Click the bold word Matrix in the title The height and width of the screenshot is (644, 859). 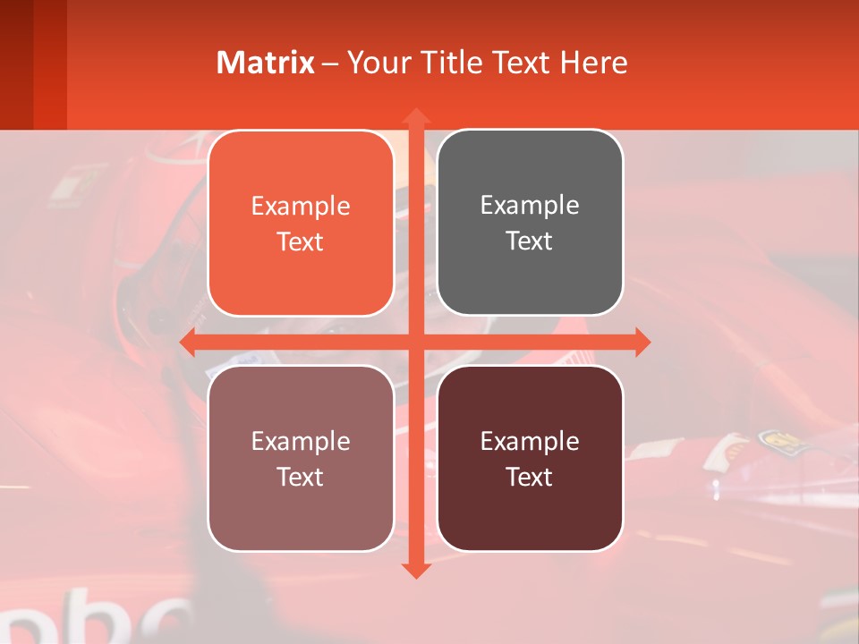point(266,63)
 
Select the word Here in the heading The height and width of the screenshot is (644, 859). point(593,63)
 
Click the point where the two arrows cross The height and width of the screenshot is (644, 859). point(415,342)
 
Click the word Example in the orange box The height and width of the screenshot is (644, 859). point(301,207)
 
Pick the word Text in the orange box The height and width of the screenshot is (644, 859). point(301,242)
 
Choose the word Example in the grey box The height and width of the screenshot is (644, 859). point(530,206)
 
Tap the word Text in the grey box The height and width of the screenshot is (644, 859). point(530,241)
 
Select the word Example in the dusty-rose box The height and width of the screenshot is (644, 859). point(301,442)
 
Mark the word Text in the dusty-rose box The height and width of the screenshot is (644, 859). point(301,478)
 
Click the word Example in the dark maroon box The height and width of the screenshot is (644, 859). point(530,442)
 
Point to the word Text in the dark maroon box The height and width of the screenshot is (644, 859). point(530,478)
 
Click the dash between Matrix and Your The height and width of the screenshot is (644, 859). point(330,64)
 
